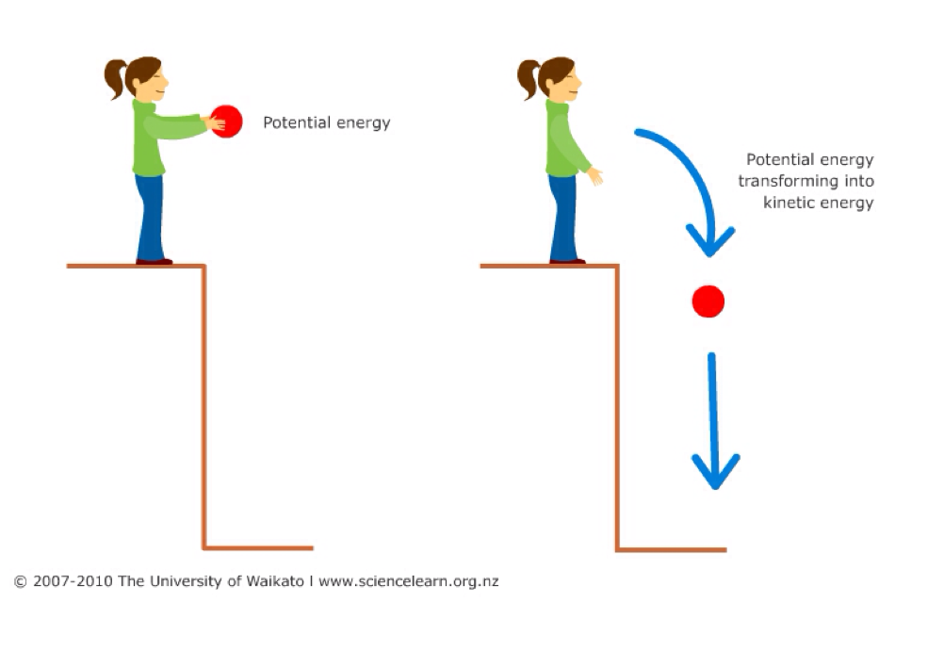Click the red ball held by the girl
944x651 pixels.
[227, 122]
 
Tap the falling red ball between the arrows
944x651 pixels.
[708, 301]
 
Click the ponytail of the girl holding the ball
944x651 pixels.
[115, 79]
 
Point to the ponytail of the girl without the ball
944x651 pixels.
[529, 79]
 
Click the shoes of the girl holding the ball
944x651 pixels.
[154, 261]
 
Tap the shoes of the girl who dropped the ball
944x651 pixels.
[566, 261]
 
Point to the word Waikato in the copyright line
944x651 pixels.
[273, 581]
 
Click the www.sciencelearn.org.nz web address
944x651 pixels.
[408, 581]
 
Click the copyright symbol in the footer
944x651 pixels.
[20, 581]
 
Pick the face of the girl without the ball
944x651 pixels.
[565, 79]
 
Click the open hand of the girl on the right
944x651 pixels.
[595, 175]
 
